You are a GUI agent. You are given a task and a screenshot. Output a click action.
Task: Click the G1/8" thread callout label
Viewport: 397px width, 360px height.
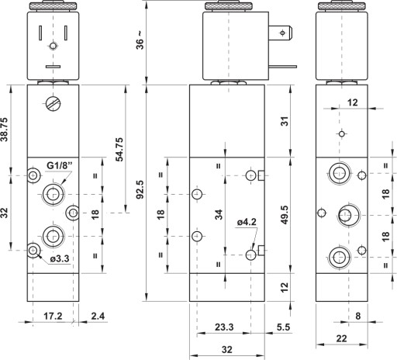[x=60, y=165]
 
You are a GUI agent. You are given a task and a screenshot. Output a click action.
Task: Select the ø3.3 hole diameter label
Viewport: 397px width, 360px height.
[x=60, y=258]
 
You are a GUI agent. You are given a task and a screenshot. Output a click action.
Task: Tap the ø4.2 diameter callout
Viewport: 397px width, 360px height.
[x=247, y=222]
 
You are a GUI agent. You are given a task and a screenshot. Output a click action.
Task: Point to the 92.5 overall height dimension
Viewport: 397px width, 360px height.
[x=140, y=189]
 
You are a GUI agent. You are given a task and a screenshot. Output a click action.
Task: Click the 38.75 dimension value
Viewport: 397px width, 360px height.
[x=5, y=130]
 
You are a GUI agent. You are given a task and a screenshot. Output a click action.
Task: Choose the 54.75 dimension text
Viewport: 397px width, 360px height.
[x=119, y=150]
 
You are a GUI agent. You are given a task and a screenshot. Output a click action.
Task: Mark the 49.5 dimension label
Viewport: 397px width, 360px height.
[x=284, y=215]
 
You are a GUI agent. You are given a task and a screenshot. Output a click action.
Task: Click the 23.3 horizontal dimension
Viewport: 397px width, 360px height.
[x=224, y=327]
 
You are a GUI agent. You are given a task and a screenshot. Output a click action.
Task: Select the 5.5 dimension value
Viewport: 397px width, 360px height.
[x=283, y=327]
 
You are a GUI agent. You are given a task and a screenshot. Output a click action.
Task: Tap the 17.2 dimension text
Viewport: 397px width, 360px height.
[x=53, y=316]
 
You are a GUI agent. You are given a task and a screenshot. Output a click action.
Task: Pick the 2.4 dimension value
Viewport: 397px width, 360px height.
[x=98, y=316]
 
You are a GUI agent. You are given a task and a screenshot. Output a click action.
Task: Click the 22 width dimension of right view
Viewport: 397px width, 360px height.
[x=341, y=338]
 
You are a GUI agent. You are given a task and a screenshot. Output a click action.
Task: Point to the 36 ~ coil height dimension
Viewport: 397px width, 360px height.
[x=140, y=40]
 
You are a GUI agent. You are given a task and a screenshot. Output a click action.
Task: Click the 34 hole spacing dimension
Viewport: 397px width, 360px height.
[x=219, y=215]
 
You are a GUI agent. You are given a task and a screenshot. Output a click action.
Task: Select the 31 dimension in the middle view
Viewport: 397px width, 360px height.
[x=285, y=121]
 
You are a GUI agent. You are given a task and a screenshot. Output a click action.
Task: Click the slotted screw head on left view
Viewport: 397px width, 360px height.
[x=54, y=104]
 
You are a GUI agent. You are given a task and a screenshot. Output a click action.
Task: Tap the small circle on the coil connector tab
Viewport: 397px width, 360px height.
[x=282, y=33]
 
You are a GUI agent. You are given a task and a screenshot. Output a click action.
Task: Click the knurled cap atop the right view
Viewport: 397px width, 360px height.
[x=341, y=6]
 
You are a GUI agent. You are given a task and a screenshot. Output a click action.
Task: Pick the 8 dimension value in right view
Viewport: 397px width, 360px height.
[x=358, y=316]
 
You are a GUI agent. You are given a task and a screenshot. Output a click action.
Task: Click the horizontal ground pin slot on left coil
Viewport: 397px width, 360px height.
[x=53, y=67]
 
